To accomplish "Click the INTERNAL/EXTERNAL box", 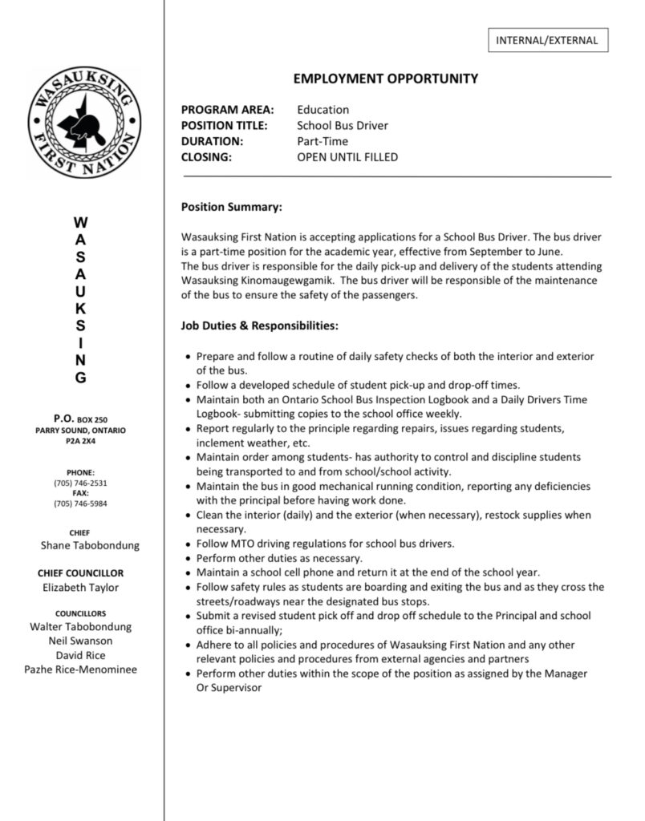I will [x=547, y=40].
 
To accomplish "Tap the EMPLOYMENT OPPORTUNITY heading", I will [x=385, y=79].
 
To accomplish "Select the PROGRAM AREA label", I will [x=227, y=110].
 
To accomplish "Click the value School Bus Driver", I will [x=343, y=126].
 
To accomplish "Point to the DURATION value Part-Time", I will [x=322, y=142].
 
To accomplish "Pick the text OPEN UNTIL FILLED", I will [x=347, y=157].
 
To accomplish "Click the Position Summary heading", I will [x=231, y=208].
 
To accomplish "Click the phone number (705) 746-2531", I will [x=80, y=483].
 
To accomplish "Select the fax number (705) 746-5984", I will [x=80, y=504].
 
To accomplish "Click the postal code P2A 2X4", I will [x=80, y=441].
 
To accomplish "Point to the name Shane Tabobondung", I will [x=90, y=545].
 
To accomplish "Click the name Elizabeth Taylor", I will [x=80, y=588].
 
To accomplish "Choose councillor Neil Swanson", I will [x=80, y=641].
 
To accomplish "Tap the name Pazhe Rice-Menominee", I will [x=80, y=669].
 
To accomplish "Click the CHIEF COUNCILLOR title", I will [x=80, y=573].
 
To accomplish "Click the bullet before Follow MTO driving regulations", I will [x=188, y=544].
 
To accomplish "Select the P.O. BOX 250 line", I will [x=80, y=419].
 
